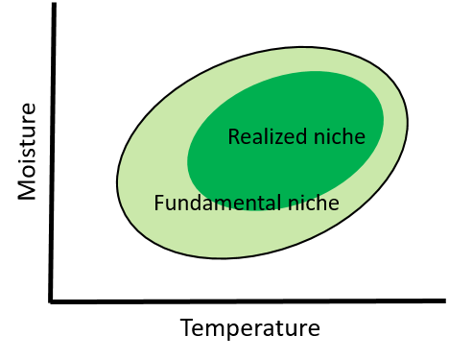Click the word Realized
[265, 137]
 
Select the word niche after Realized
[337, 137]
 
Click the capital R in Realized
[233, 137]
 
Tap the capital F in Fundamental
[158, 204]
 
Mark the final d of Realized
[297, 137]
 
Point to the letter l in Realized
[262, 137]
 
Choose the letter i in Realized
[269, 137]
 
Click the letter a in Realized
[254, 138]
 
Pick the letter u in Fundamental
[169, 204]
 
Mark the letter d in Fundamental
[193, 204]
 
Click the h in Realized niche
[348, 137]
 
